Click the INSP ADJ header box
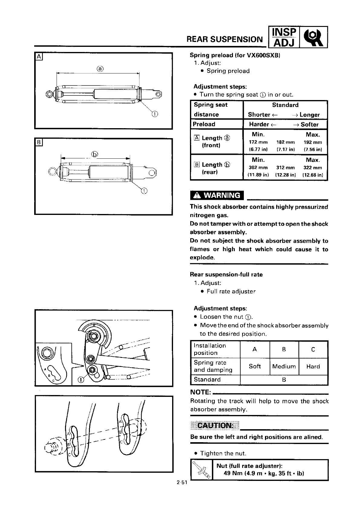click(x=284, y=37)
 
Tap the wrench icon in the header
click(x=314, y=37)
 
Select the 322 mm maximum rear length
click(x=313, y=167)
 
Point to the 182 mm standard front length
click(x=285, y=142)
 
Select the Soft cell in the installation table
click(x=255, y=366)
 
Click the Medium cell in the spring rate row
click(x=284, y=366)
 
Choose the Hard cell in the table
click(x=313, y=366)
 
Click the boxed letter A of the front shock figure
click(x=39, y=57)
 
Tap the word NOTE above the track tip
click(x=200, y=392)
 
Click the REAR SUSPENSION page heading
click(x=225, y=39)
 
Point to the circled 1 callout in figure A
click(x=155, y=114)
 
